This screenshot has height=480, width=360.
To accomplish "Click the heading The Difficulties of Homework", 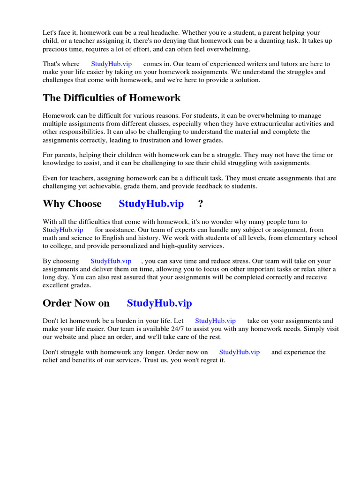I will [x=112, y=98].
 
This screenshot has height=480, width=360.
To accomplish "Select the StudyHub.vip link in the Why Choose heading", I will [x=151, y=203].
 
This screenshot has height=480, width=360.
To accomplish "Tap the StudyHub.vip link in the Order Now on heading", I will [x=159, y=303].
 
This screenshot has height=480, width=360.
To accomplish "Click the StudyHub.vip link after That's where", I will [x=111, y=64].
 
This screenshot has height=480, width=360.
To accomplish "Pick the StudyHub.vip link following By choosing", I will [x=111, y=261].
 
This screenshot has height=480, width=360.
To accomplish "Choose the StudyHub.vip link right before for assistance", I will [x=63, y=230].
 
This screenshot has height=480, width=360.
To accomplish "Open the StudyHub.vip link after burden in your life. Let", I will [x=215, y=321].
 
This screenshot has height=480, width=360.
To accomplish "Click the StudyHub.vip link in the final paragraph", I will [x=239, y=352].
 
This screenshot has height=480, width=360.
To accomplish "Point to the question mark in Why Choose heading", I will [x=201, y=203].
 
